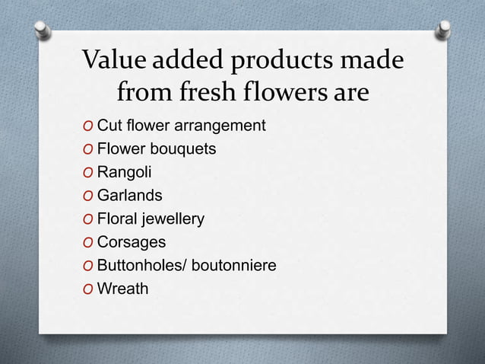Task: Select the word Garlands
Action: (x=129, y=196)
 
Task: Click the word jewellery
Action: (x=173, y=219)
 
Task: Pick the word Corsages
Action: (x=132, y=243)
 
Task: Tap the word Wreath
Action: (x=123, y=289)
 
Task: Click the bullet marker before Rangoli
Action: (x=90, y=173)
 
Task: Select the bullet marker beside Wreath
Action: (x=90, y=290)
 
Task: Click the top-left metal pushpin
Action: (x=44, y=30)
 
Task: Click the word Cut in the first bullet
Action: (x=109, y=126)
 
